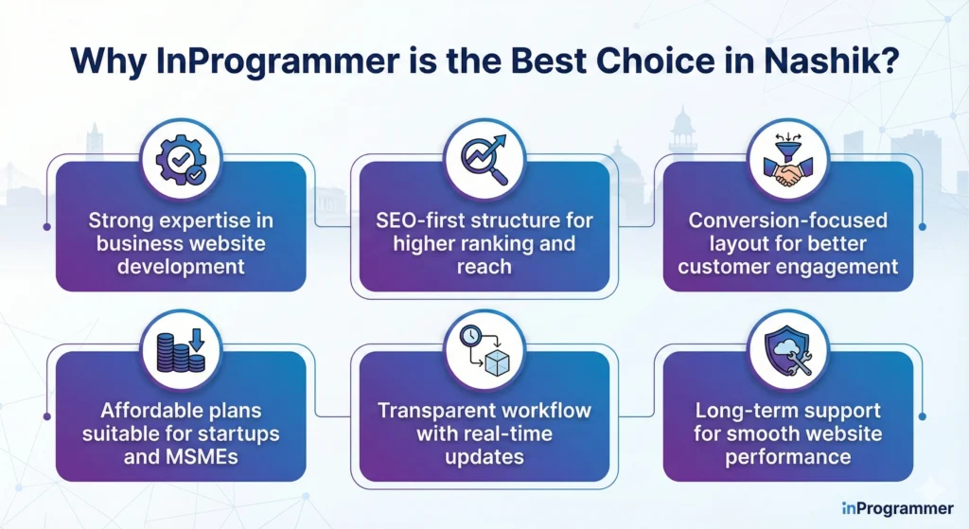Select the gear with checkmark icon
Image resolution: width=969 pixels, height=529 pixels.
click(x=181, y=162)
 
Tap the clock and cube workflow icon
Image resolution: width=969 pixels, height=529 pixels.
click(x=484, y=351)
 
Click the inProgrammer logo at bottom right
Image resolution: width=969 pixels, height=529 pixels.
click(x=896, y=508)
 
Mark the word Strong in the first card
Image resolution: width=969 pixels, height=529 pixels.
click(x=119, y=220)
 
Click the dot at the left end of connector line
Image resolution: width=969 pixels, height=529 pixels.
click(x=46, y=227)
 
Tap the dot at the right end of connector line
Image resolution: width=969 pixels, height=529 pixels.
click(x=923, y=227)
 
